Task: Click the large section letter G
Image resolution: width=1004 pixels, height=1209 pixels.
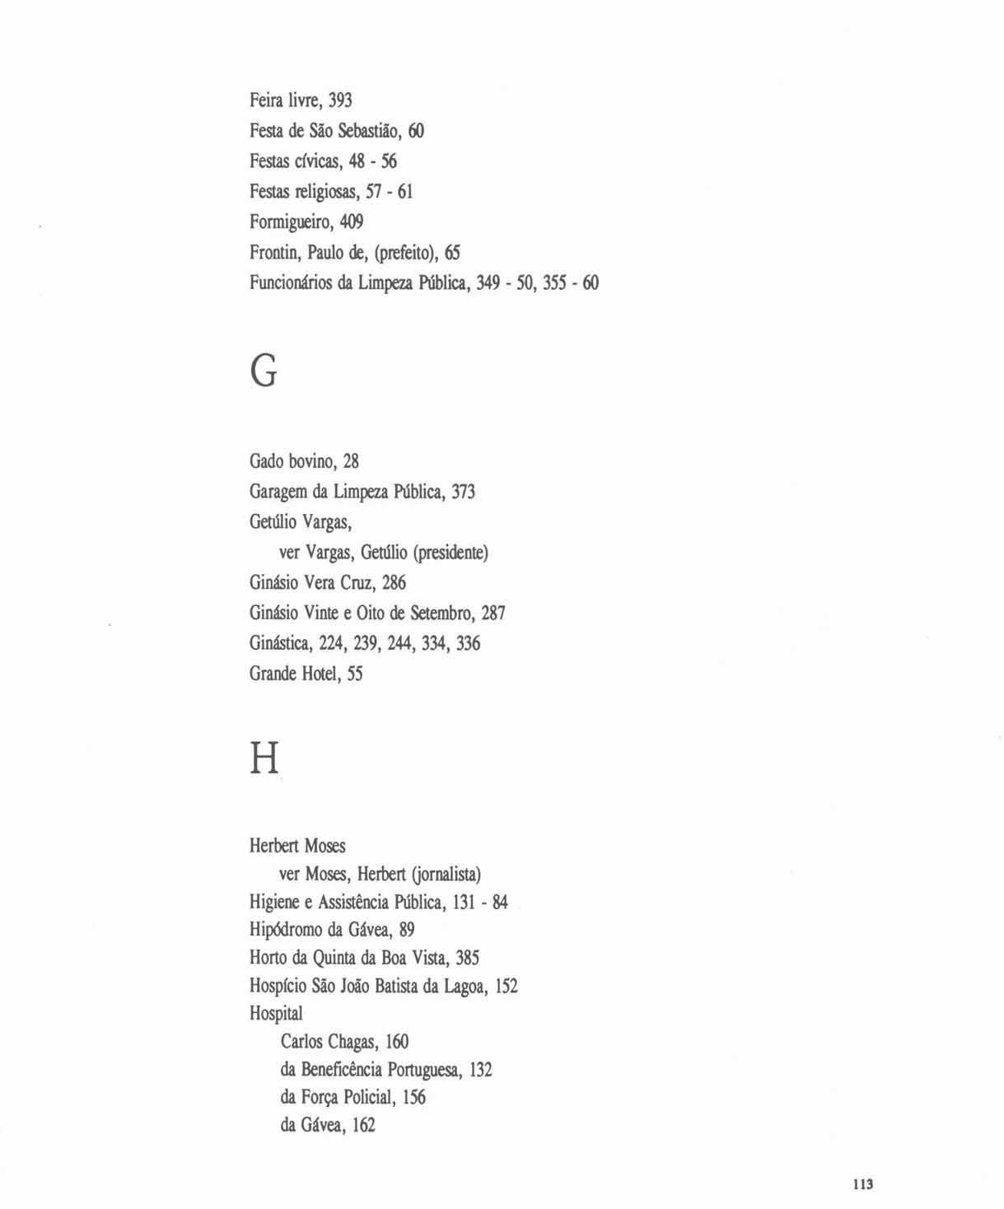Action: (x=264, y=372)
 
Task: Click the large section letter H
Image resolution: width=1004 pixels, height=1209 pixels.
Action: (x=264, y=758)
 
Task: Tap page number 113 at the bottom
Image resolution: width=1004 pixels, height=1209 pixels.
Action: (x=862, y=1184)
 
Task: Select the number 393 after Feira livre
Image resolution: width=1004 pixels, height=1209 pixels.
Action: (x=340, y=100)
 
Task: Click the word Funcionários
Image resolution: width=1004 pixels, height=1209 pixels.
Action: (x=291, y=282)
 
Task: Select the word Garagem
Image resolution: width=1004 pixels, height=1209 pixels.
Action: (x=278, y=492)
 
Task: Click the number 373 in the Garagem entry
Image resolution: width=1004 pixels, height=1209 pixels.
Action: (x=463, y=492)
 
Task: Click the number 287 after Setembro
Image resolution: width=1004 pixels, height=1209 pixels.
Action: (x=493, y=613)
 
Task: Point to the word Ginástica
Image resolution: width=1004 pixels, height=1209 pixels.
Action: (x=279, y=643)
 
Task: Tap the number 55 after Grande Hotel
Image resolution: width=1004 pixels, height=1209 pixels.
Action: (x=354, y=674)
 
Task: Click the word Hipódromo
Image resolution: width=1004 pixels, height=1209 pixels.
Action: (x=286, y=930)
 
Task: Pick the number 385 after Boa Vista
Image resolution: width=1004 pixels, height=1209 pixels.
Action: (x=467, y=958)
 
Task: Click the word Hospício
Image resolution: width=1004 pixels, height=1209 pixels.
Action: (x=278, y=986)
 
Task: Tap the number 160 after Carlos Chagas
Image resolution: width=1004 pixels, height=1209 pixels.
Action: (x=396, y=1042)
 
